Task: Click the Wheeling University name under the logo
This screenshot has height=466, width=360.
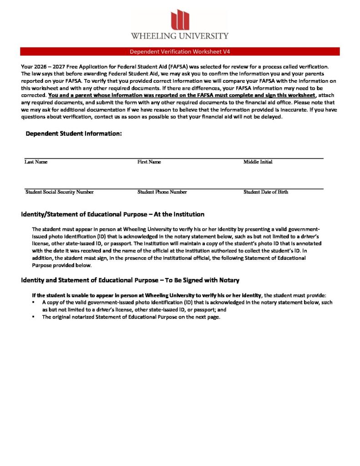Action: [180, 35]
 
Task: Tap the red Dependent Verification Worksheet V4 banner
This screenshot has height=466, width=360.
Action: [180, 51]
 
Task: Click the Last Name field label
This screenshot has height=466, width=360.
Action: [36, 162]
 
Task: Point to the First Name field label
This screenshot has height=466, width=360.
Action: [149, 162]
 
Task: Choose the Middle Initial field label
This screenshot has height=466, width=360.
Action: [258, 162]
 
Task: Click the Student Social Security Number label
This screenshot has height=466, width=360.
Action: [60, 192]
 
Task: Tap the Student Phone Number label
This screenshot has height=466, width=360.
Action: [162, 192]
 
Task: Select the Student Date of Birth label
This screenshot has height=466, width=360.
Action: [265, 192]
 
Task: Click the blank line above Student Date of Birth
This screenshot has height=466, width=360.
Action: [282, 188]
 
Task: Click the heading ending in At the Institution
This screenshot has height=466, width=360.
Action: [113, 214]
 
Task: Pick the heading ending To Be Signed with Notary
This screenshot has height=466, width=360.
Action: [130, 280]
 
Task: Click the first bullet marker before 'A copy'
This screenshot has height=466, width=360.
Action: [34, 302]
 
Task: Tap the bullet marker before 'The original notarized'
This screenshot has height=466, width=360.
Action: [34, 317]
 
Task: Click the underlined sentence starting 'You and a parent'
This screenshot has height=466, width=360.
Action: [182, 95]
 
